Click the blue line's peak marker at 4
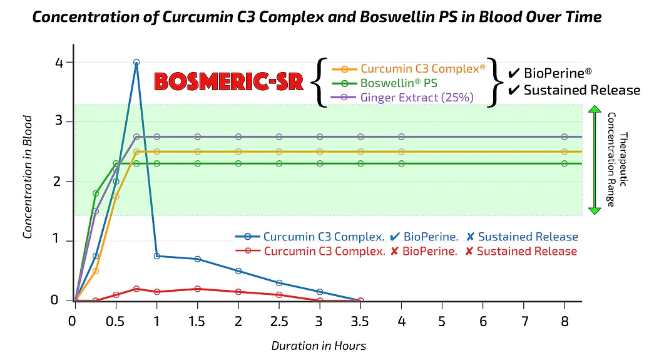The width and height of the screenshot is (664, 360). (x=136, y=63)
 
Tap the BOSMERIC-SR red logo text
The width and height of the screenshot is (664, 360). (x=228, y=81)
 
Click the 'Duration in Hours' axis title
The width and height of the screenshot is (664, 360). (x=319, y=346)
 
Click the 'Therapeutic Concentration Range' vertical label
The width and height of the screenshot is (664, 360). (x=617, y=160)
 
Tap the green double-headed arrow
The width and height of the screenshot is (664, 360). (x=595, y=160)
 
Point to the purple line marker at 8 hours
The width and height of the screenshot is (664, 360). (x=564, y=136)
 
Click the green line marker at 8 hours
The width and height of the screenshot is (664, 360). (x=564, y=163)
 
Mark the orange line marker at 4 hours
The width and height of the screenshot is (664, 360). (x=401, y=152)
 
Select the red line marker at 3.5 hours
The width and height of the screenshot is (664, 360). (x=360, y=301)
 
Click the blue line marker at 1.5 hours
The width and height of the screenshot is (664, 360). (x=198, y=259)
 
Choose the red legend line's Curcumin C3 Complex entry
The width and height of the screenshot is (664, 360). (x=324, y=251)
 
